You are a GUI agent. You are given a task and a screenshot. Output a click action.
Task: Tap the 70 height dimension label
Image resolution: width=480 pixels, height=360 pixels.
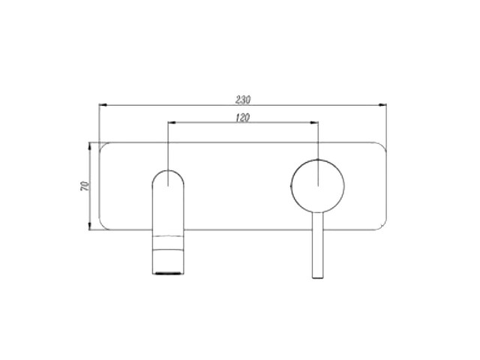click(x=85, y=186)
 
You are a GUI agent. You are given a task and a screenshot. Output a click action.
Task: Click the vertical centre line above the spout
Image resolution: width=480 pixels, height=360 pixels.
click(x=169, y=146)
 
